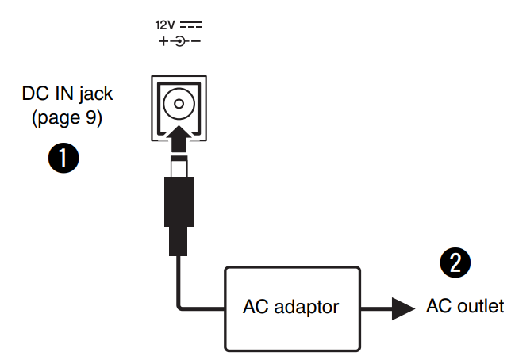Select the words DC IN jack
click(x=67, y=94)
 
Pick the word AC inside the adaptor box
click(x=255, y=306)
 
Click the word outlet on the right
click(x=478, y=306)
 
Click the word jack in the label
click(x=95, y=94)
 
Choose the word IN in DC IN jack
click(x=61, y=94)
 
